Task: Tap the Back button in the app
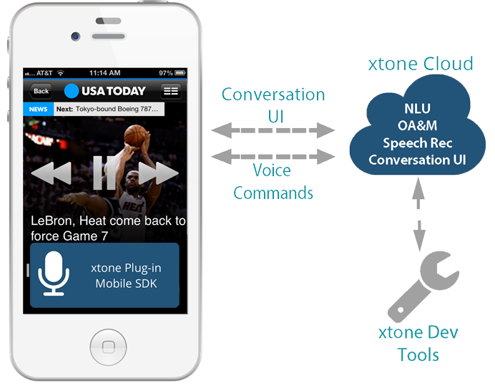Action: tap(41, 91)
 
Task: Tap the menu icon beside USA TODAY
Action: tap(170, 91)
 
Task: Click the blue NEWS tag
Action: tap(38, 110)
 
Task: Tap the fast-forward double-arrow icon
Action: tap(158, 173)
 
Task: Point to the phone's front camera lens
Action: tap(75, 37)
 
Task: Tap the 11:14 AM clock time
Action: tap(105, 73)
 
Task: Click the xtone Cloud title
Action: tap(421, 63)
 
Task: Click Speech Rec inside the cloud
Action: tap(417, 143)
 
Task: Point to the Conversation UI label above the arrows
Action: tap(273, 105)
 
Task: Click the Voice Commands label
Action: tap(273, 181)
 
